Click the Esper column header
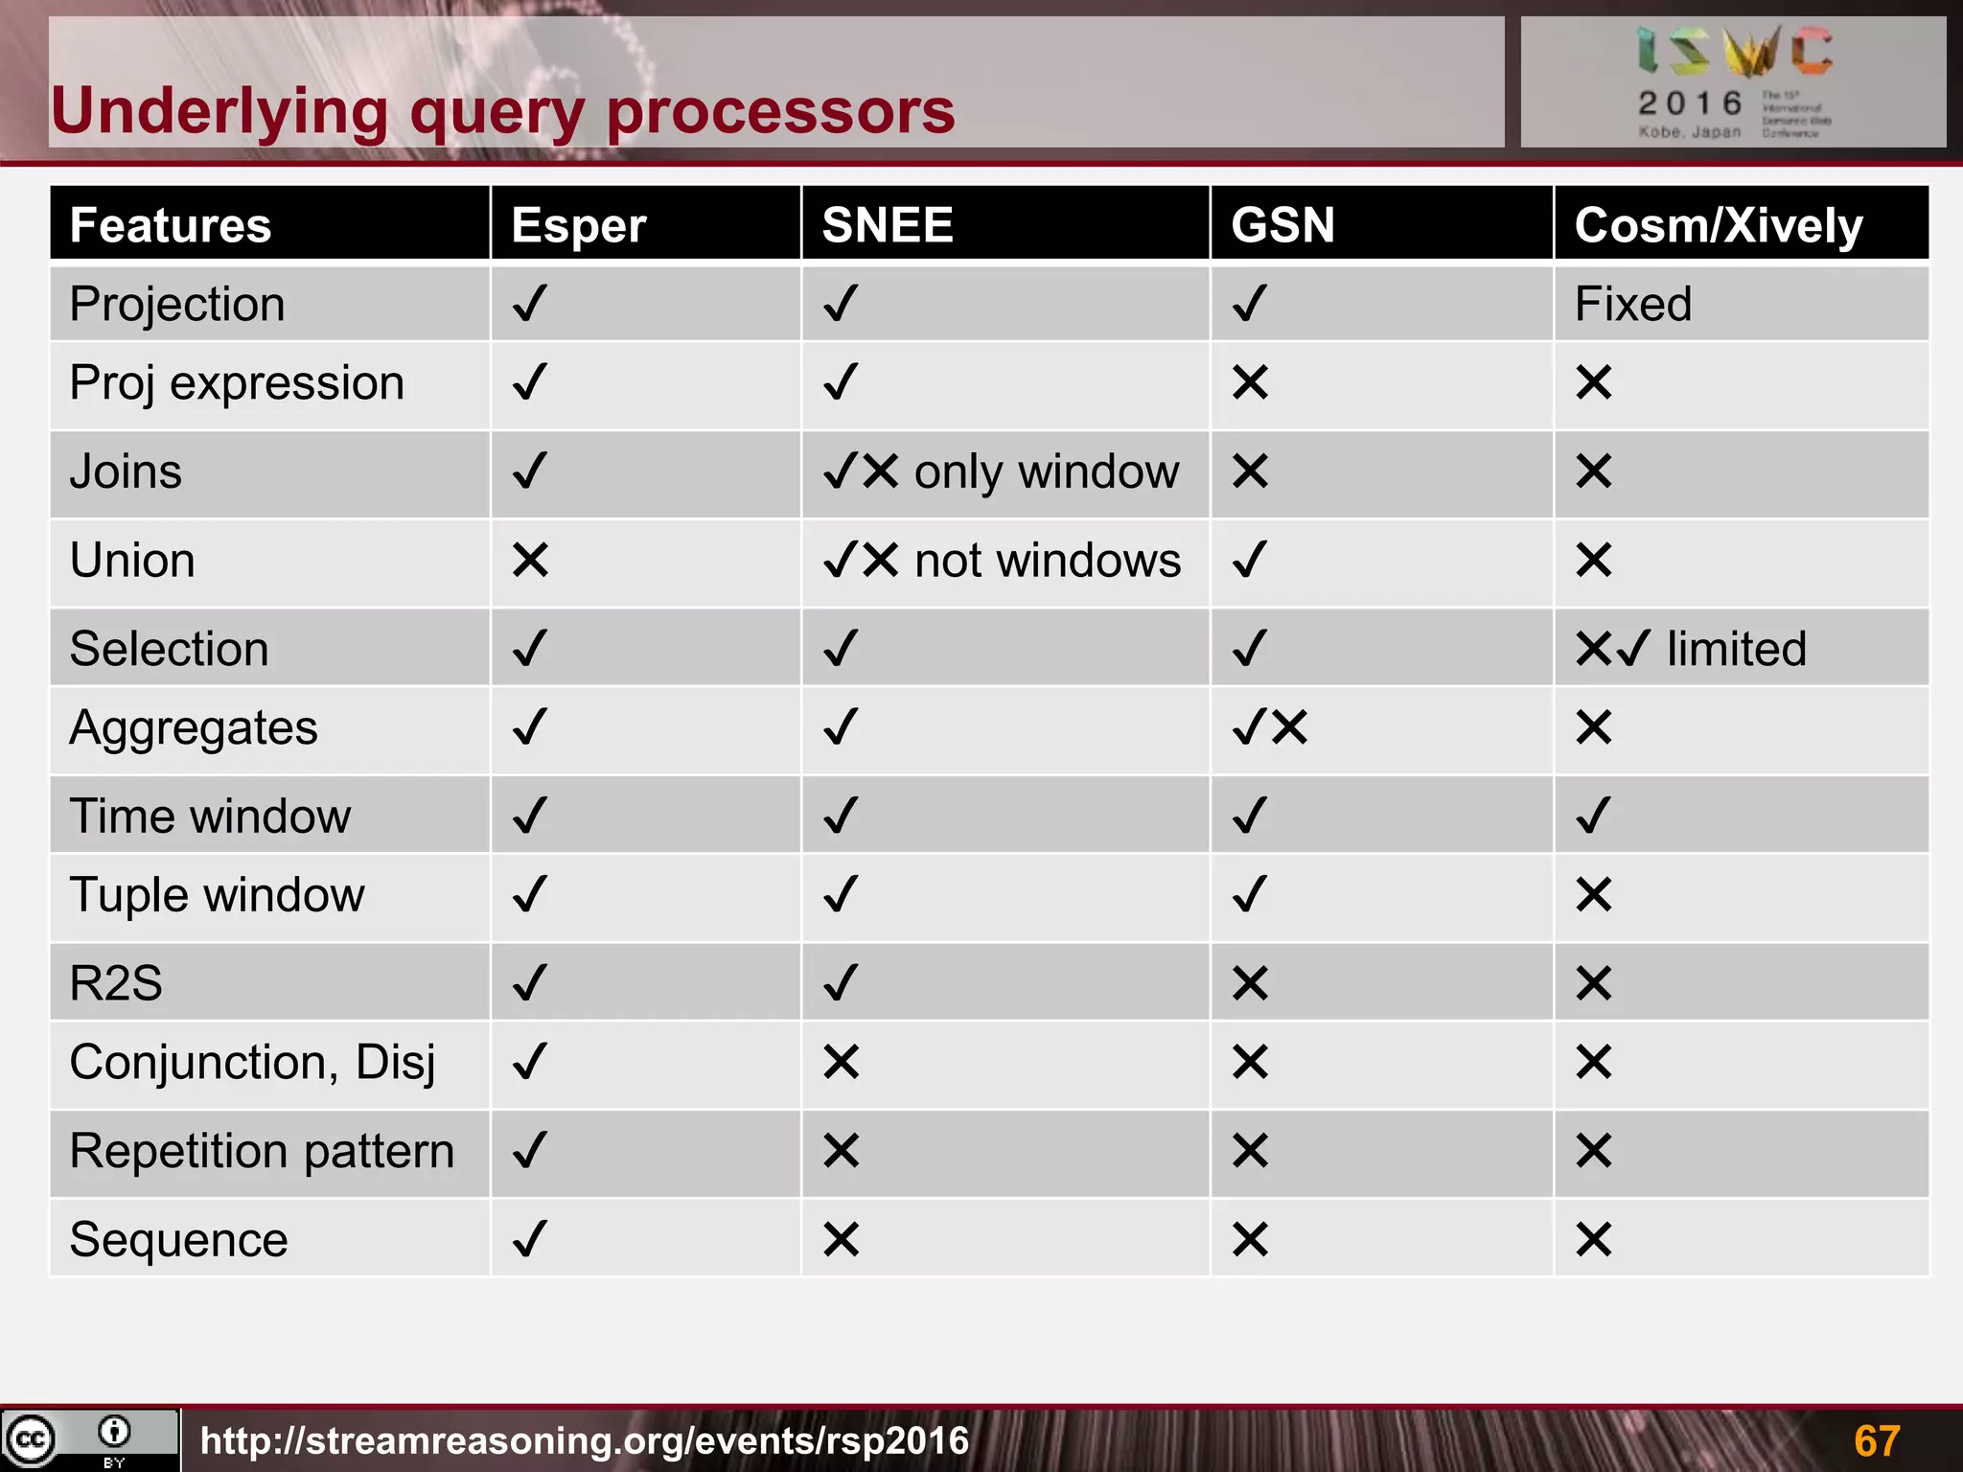point(578,226)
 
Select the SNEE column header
point(888,226)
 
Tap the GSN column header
point(1282,226)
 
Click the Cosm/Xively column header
point(1718,226)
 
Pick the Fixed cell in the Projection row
point(1633,305)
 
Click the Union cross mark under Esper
point(530,560)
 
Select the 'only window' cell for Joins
point(1001,471)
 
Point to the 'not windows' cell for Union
point(1002,560)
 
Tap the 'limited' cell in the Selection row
point(1691,649)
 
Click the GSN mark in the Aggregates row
point(1269,727)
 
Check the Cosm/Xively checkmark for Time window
point(1593,816)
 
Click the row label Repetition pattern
point(262,1151)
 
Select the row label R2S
point(116,983)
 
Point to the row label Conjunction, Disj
point(252,1063)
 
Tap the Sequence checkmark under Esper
point(530,1239)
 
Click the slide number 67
point(1876,1440)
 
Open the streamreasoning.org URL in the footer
point(585,1440)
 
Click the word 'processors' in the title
point(780,112)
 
